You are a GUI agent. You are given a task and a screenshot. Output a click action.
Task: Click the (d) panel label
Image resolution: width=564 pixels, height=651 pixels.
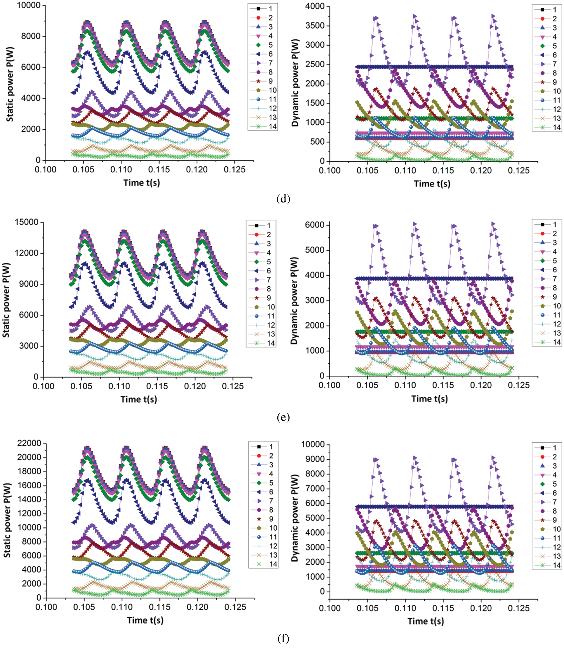point(283,199)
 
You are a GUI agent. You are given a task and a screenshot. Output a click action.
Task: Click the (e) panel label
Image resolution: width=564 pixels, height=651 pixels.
point(283,417)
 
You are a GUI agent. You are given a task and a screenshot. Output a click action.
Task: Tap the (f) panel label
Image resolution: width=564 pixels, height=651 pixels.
point(283,638)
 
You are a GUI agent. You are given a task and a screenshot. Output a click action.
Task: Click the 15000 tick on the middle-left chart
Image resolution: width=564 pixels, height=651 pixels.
point(26,222)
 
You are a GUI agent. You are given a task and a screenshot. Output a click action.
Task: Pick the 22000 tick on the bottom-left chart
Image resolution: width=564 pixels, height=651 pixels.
point(29,444)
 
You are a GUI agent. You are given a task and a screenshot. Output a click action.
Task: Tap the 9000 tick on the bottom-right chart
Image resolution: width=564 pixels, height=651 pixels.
point(313,459)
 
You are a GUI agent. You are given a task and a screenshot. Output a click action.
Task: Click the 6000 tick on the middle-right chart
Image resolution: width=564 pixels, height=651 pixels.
point(315,225)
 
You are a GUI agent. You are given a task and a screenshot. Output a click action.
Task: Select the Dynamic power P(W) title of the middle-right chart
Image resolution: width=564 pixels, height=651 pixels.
point(294,301)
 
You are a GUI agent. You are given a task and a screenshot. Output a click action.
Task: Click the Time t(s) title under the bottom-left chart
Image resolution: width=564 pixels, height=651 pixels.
point(145,620)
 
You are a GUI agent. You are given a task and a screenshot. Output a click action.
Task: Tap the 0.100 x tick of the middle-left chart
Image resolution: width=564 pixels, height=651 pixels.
point(43,386)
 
